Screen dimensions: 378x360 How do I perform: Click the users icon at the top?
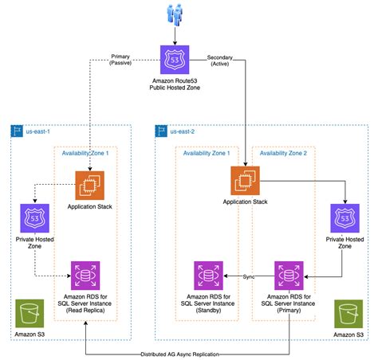(x=175, y=14)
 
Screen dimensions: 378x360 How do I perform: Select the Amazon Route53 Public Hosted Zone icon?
(x=175, y=60)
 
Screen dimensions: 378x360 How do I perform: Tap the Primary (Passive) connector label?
(x=120, y=60)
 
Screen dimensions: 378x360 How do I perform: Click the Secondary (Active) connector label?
(x=220, y=61)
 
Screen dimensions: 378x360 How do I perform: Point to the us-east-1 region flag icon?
(x=17, y=131)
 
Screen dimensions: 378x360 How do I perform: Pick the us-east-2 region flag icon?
(x=161, y=131)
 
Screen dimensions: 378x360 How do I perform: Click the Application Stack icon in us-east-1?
(x=90, y=186)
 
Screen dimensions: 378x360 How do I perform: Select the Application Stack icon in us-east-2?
(x=245, y=181)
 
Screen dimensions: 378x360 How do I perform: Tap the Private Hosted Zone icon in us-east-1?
(x=35, y=218)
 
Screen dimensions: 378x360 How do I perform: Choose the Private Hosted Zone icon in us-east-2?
(x=345, y=218)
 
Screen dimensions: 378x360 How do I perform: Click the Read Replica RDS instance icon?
(x=85, y=276)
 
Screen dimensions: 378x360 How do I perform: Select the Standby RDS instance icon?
(x=208, y=276)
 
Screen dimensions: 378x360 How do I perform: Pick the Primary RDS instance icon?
(x=289, y=276)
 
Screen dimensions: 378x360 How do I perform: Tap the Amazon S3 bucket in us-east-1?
(x=30, y=314)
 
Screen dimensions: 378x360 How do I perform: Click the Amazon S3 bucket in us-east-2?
(x=348, y=314)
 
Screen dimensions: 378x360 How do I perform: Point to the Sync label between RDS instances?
(x=249, y=276)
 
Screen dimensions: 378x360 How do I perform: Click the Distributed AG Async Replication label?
(x=180, y=354)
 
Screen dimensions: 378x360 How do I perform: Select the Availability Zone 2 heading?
(x=283, y=153)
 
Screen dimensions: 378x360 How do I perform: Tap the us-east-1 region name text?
(x=37, y=131)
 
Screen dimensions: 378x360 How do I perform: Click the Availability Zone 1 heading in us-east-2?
(x=207, y=153)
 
